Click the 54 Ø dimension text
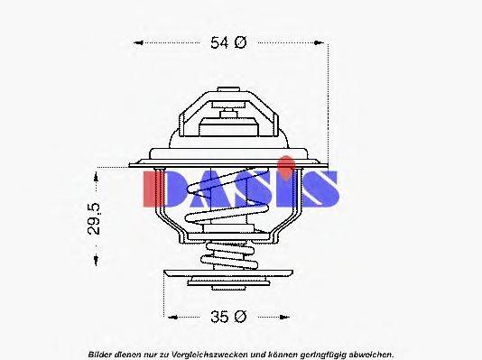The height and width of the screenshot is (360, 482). pos(227,42)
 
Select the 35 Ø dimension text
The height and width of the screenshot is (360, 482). pos(228,316)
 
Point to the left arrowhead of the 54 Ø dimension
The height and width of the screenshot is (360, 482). pos(136,42)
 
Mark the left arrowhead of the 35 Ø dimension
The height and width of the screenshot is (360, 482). pos(168,316)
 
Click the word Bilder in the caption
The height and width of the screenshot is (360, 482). pos(102,353)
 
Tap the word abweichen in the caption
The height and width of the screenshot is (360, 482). pos(368,353)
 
